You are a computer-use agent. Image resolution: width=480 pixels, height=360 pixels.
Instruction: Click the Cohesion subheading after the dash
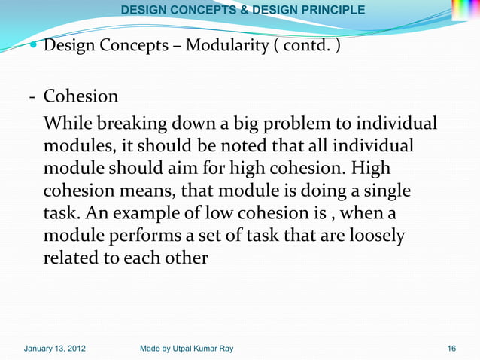click(x=81, y=96)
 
